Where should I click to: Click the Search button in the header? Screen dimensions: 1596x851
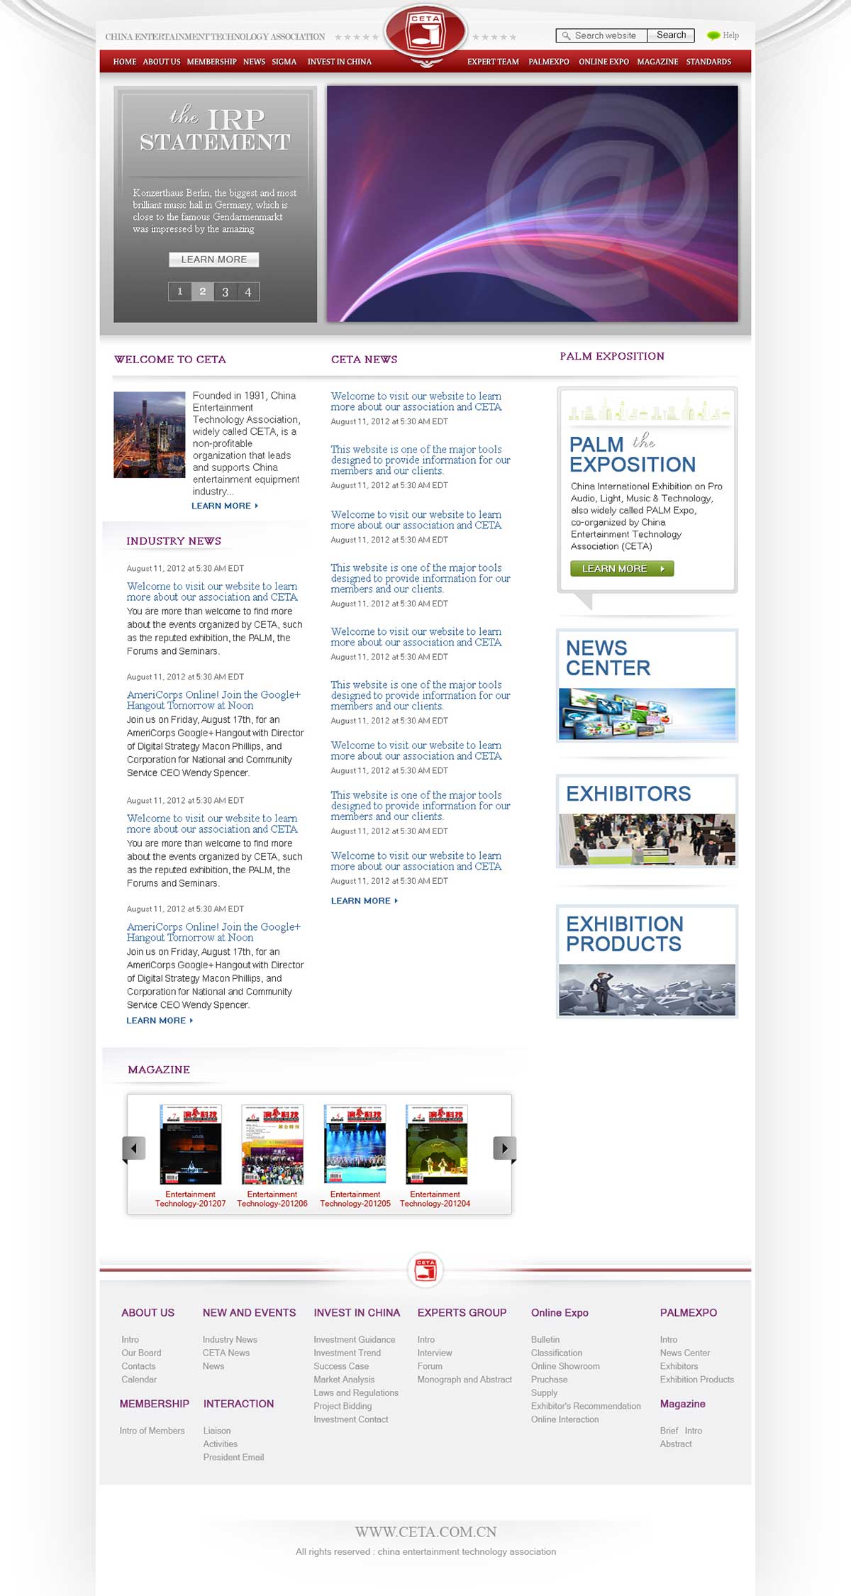(671, 35)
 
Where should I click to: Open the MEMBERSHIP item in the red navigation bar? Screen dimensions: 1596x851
(211, 62)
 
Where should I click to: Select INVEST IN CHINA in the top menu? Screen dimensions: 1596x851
(339, 62)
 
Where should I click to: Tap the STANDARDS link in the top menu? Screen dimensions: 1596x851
(708, 62)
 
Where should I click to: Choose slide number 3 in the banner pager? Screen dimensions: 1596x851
(226, 292)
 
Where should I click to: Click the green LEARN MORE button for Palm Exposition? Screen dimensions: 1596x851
(621, 568)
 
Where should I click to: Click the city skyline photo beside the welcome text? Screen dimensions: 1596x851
(149, 434)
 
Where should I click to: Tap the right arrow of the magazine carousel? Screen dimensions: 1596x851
(504, 1148)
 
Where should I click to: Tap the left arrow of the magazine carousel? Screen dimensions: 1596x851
(134, 1148)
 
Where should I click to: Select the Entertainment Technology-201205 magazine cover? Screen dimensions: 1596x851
(355, 1143)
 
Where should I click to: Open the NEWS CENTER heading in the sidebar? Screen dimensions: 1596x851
(608, 658)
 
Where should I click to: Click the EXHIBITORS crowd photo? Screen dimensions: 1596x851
(647, 839)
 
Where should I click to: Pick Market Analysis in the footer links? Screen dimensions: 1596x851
(344, 1379)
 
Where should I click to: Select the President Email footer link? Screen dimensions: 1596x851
(233, 1457)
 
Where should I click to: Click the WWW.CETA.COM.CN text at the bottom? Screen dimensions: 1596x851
(425, 1531)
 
